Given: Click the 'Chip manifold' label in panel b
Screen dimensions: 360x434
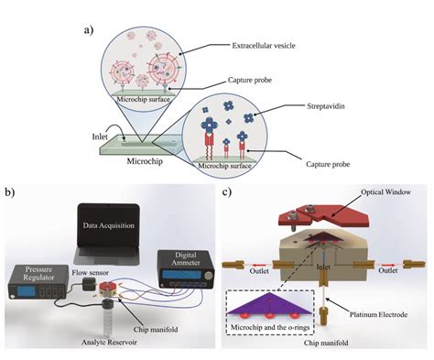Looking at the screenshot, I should pos(171,317).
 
